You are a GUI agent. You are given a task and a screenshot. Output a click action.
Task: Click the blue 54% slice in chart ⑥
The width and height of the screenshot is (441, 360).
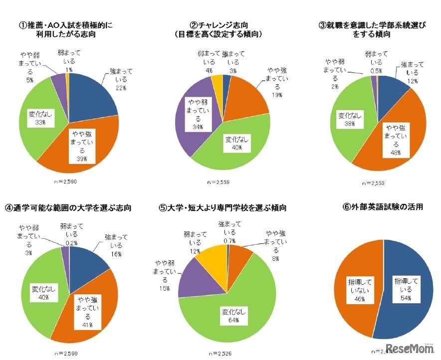pos(404,289)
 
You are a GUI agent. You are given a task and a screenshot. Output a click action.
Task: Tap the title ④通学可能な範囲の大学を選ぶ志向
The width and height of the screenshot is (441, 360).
pos(68,207)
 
